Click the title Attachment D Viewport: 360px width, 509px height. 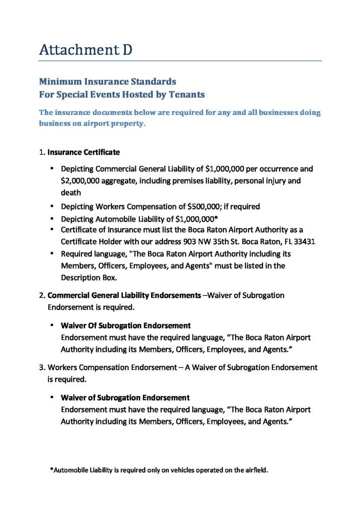click(86, 50)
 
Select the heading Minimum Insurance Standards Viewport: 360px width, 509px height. click(107, 81)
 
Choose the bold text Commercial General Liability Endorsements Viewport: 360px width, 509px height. click(124, 295)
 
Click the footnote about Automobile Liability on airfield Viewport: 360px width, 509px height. click(159, 470)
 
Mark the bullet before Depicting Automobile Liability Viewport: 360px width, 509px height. click(52, 218)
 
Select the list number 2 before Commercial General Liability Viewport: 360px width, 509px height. click(42, 295)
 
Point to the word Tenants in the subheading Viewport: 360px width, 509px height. click(187, 94)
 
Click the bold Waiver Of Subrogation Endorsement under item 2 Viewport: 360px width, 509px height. click(125, 326)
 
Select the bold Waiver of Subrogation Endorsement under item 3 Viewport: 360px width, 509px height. click(125, 398)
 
